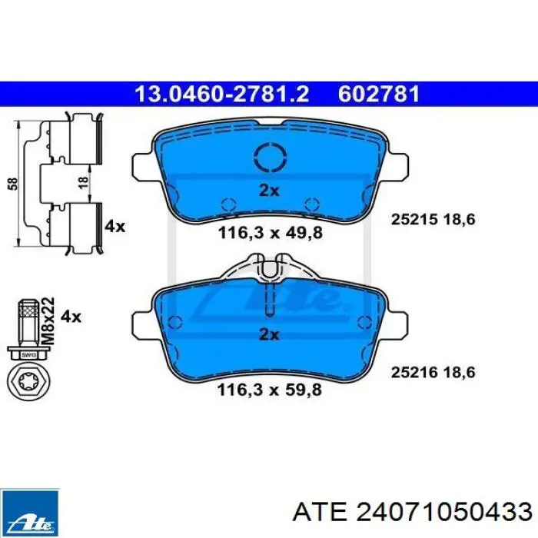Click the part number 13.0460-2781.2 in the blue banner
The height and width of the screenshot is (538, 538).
click(222, 94)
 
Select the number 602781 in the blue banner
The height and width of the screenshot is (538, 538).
click(379, 94)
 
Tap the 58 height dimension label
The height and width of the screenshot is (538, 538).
click(13, 184)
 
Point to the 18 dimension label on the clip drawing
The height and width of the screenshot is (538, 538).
click(83, 182)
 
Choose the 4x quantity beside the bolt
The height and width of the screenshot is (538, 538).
click(71, 317)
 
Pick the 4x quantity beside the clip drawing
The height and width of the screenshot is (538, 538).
click(115, 227)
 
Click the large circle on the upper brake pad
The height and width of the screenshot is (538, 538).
click(271, 157)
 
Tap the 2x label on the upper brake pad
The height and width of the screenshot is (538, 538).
click(269, 191)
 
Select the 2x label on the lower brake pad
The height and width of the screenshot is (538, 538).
click(269, 334)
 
